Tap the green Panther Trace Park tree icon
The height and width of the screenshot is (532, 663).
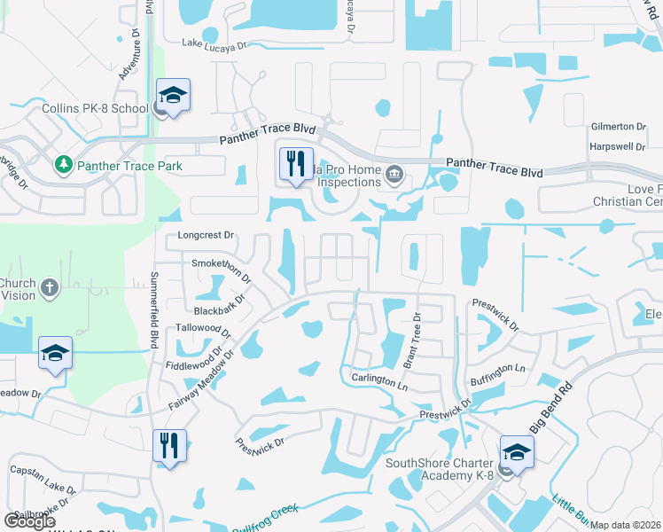[x=64, y=165]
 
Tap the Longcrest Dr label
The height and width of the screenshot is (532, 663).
[x=205, y=236]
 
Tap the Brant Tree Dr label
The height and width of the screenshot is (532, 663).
[x=412, y=339]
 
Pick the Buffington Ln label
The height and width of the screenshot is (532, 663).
[x=496, y=367]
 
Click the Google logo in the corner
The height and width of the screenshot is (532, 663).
[x=30, y=520]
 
